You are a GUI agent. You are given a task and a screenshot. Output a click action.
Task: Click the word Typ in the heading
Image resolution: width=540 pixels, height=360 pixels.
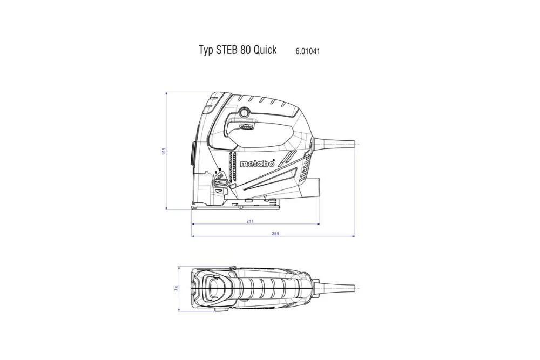coord(206,51)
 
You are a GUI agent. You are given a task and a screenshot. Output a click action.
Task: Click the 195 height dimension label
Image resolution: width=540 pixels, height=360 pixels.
coord(164,151)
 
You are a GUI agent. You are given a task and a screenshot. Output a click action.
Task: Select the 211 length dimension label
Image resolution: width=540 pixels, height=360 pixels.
coord(250,221)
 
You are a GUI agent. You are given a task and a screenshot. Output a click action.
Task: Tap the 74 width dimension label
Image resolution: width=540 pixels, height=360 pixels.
coord(177,289)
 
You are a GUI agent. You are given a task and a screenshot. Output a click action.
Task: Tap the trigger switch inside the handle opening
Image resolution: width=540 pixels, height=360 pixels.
coord(246,127)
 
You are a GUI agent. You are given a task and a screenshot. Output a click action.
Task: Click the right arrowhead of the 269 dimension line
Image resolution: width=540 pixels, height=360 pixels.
coord(354,236)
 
